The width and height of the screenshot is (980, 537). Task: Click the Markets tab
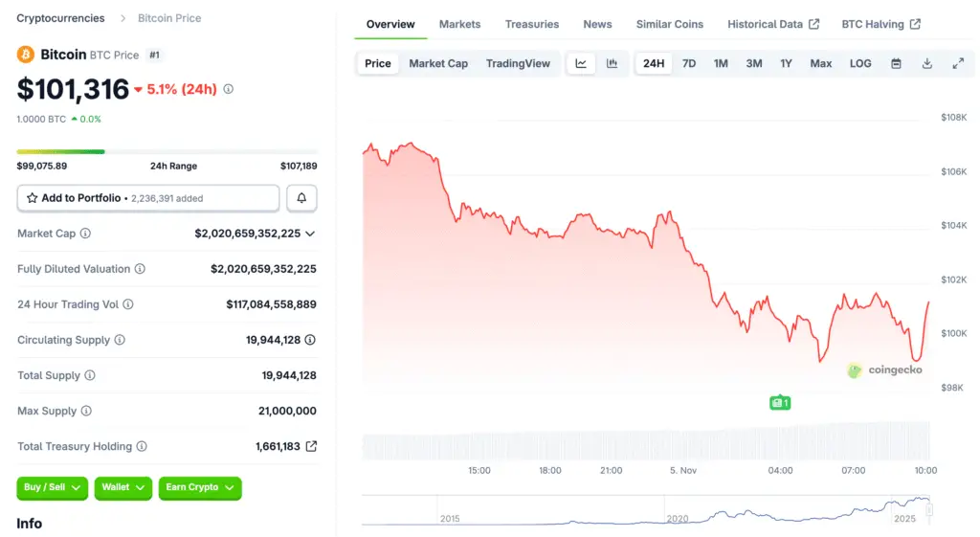coord(459,24)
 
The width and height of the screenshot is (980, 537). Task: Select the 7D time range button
coord(688,63)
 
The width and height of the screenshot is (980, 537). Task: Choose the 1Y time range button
coord(786,63)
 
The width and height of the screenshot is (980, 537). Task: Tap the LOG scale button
coord(860,63)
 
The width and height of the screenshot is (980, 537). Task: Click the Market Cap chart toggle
coord(438,63)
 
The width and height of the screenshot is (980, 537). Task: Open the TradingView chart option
coord(518,63)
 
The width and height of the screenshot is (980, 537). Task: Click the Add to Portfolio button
coord(148,198)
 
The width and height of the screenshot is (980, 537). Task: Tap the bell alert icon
coord(301,198)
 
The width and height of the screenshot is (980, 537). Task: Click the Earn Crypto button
coord(199,487)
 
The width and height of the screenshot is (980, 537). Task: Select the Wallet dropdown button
coord(123,487)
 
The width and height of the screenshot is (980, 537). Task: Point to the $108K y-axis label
coord(953,117)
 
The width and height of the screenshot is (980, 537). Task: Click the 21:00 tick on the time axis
coord(611,470)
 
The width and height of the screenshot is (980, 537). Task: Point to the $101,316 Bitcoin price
coord(73,89)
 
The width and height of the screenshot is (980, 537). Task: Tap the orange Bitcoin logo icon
coord(26,55)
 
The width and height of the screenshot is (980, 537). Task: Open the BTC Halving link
coord(880,24)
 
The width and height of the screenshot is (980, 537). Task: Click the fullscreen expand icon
coord(958,63)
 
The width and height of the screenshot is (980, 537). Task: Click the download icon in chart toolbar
coord(926,63)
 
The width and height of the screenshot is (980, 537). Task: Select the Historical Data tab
coord(773,24)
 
